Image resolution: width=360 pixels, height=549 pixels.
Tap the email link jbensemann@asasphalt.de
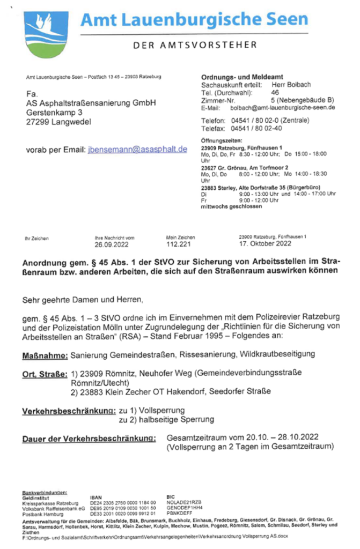(x=137, y=150)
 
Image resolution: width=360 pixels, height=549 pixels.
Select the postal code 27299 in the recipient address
(x=38, y=122)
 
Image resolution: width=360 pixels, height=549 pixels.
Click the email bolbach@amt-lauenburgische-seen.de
(x=283, y=107)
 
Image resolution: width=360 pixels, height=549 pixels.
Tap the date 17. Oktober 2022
(x=265, y=244)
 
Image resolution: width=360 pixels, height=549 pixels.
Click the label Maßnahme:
(x=45, y=354)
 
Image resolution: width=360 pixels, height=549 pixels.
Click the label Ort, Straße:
(x=45, y=373)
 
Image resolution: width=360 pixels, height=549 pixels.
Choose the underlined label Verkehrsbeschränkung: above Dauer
(x=68, y=411)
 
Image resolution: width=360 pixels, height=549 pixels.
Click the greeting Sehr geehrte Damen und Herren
(x=83, y=298)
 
